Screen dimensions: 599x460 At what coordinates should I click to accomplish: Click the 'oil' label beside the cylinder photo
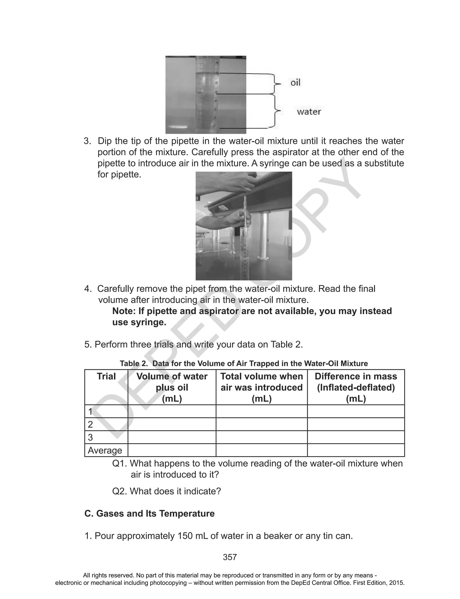(x=295, y=83)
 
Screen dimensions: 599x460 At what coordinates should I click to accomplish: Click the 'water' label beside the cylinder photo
(x=309, y=112)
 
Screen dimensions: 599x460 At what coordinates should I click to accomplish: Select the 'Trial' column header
(x=106, y=376)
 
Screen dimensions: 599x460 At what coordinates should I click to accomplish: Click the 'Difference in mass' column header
(x=356, y=376)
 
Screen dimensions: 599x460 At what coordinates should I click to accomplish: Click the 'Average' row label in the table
(x=105, y=450)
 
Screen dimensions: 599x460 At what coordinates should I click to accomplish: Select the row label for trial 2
(x=90, y=424)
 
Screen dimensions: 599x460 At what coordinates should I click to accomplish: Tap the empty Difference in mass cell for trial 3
(x=356, y=437)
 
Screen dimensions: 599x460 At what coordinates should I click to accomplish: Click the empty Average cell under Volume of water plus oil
(x=172, y=450)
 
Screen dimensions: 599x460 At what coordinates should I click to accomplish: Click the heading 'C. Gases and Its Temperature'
(x=150, y=513)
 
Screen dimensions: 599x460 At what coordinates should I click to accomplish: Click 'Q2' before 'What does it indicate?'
(x=119, y=491)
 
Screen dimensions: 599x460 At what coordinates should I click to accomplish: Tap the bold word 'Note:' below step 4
(x=124, y=311)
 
